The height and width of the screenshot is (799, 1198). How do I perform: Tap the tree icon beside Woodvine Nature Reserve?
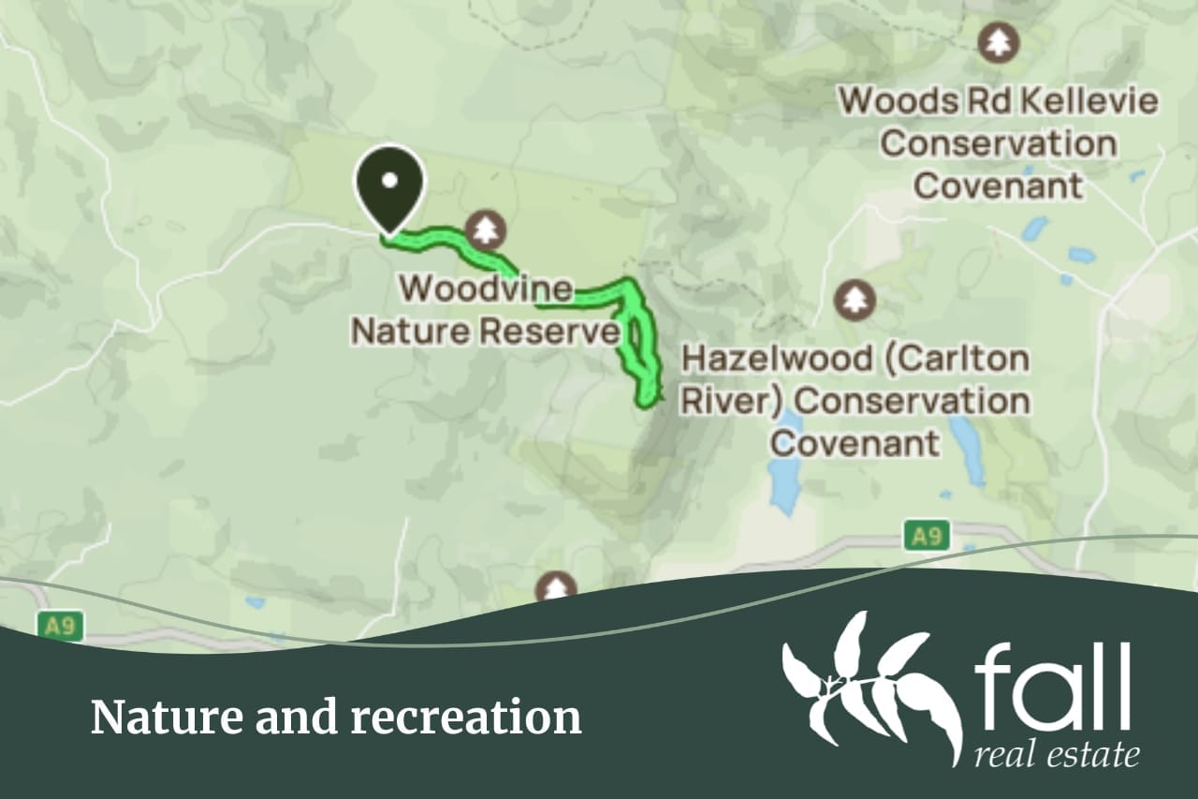coord(485,229)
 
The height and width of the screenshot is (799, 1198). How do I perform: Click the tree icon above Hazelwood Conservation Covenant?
coord(855,300)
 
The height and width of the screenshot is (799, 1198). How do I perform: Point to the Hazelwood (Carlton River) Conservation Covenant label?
coord(855,401)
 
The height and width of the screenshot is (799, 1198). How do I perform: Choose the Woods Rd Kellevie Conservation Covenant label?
coord(999,143)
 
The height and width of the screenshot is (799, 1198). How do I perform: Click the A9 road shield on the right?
coord(927,537)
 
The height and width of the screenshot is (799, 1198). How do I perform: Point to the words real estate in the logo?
coord(1057,754)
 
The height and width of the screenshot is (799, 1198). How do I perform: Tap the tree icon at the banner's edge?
coord(557,588)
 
